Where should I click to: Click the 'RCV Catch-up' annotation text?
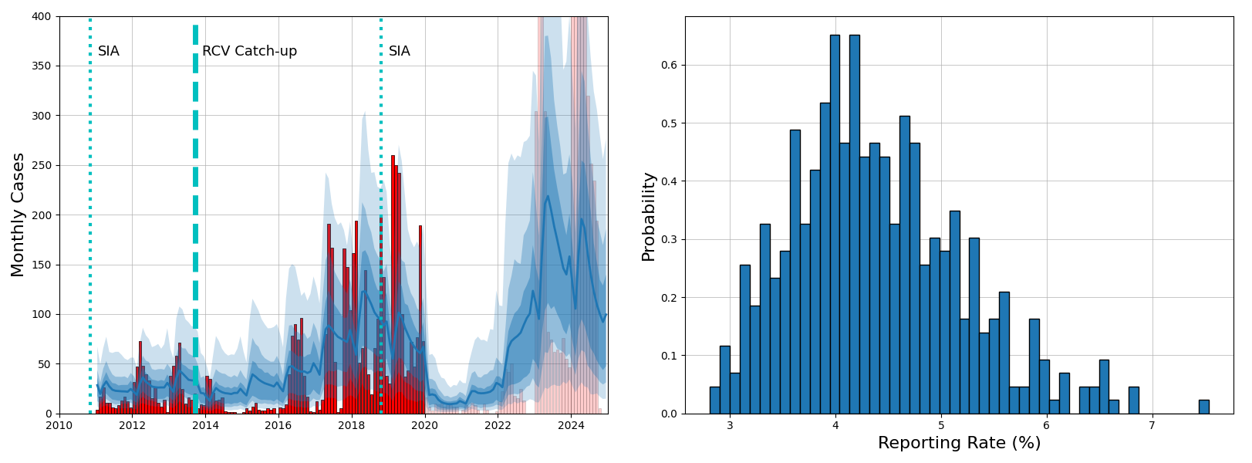pyautogui.click(x=249, y=52)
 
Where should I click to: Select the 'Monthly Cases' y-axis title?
pyautogui.click(x=18, y=215)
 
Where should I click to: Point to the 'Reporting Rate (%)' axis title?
pyautogui.click(x=959, y=443)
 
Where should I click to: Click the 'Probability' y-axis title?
pyautogui.click(x=648, y=217)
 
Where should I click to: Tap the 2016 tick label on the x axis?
pyautogui.click(x=278, y=425)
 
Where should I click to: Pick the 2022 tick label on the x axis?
pyautogui.click(x=498, y=425)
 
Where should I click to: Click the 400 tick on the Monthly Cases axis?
pyautogui.click(x=41, y=16)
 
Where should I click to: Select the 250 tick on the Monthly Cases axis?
pyautogui.click(x=41, y=165)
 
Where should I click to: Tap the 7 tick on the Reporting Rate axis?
pyautogui.click(x=1152, y=425)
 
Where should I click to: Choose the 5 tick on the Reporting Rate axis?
pyautogui.click(x=941, y=425)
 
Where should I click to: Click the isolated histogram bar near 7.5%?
pyautogui.click(x=1203, y=407)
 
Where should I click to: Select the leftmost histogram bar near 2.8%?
pyautogui.click(x=714, y=400)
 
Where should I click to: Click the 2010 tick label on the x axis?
pyautogui.click(x=59, y=425)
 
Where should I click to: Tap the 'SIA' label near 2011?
pyautogui.click(x=109, y=52)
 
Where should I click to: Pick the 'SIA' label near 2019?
pyautogui.click(x=400, y=52)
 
